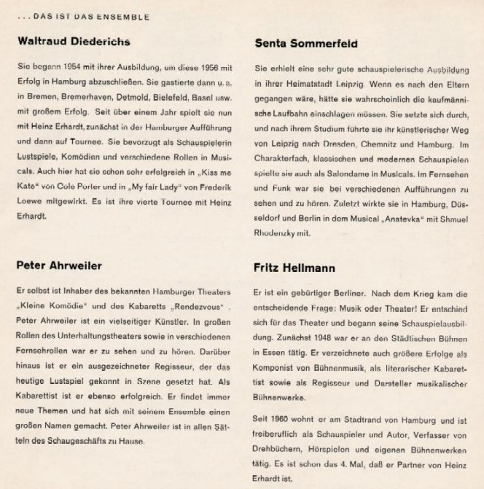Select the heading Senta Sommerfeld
(x=306, y=44)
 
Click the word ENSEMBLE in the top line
(x=128, y=16)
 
